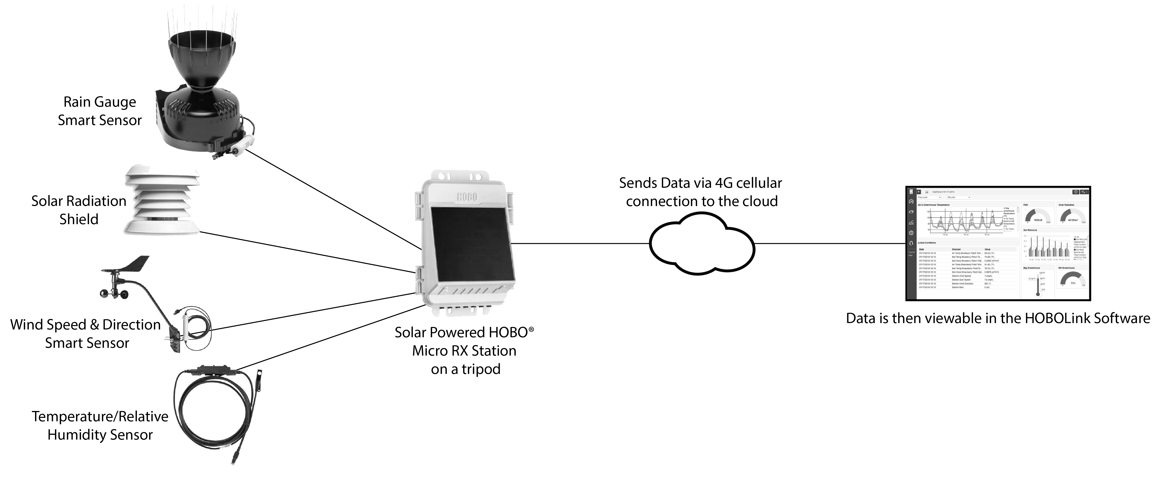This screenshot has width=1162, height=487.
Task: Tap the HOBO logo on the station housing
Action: (467, 197)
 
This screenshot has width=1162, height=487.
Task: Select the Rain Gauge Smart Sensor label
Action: (100, 111)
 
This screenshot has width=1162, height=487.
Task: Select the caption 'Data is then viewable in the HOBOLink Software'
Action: (998, 318)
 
